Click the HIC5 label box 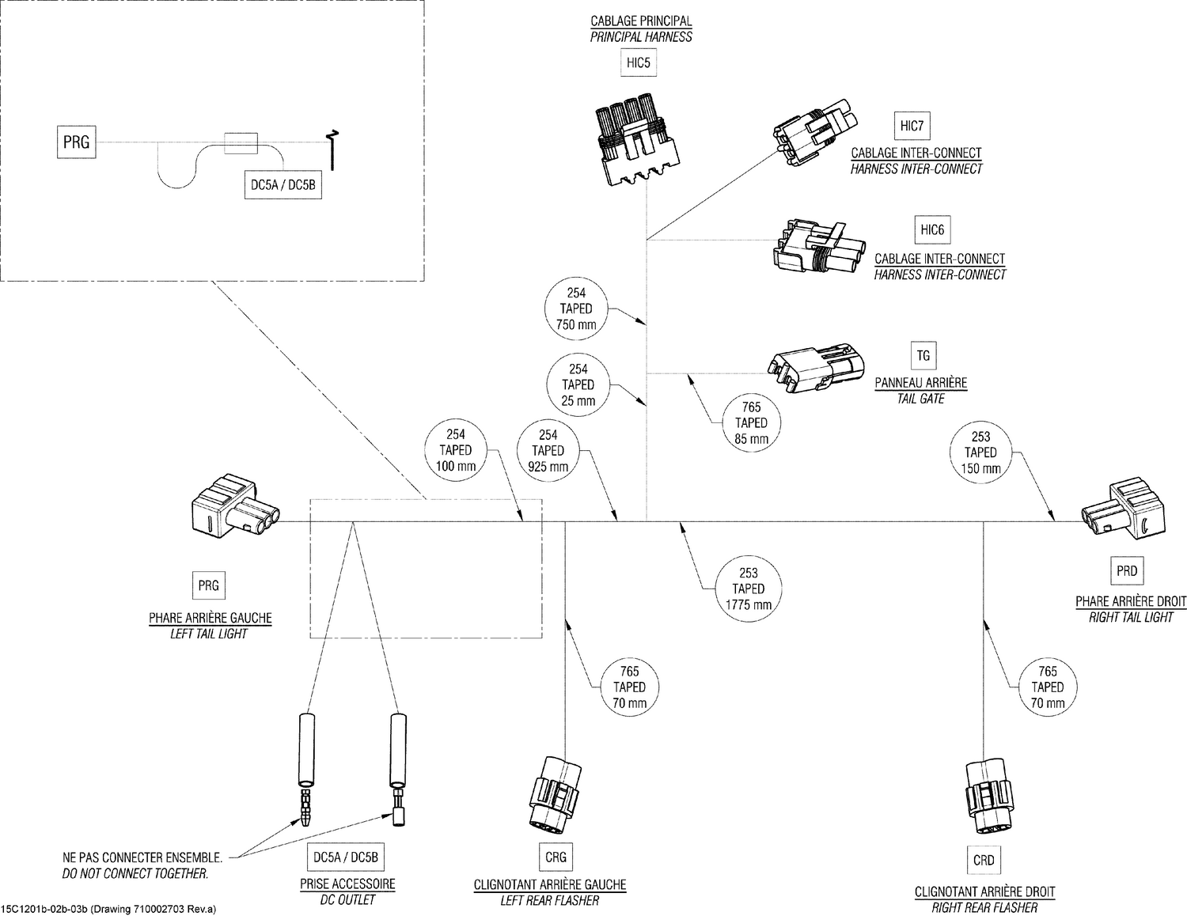pyautogui.click(x=638, y=62)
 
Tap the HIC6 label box pyautogui.click(x=932, y=230)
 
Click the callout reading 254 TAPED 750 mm pyautogui.click(x=576, y=308)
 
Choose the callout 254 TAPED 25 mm pyautogui.click(x=578, y=384)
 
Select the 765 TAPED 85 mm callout pyautogui.click(x=751, y=423)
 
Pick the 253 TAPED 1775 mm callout pyautogui.click(x=748, y=589)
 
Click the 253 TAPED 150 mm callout pyautogui.click(x=980, y=452)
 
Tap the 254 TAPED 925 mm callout pyautogui.click(x=548, y=450)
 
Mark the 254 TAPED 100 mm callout pyautogui.click(x=456, y=450)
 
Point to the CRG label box pyautogui.click(x=556, y=857)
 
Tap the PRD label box pyautogui.click(x=1126, y=570)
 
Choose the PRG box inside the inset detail pyautogui.click(x=76, y=142)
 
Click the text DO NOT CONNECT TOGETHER pyautogui.click(x=135, y=874)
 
